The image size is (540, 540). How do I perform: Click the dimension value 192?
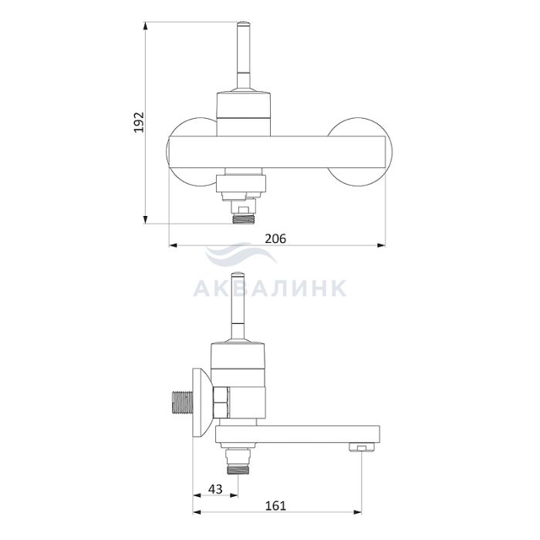[139, 122]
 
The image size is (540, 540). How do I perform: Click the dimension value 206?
[275, 238]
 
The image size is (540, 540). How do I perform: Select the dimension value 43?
[215, 488]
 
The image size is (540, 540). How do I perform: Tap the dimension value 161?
[275, 505]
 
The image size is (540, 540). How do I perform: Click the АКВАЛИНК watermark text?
[270, 289]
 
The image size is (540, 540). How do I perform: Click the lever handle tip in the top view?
[243, 25]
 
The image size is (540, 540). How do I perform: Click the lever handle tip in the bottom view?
[238, 275]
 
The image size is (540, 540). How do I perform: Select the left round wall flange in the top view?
[191, 152]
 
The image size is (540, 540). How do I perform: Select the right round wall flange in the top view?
[360, 152]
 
